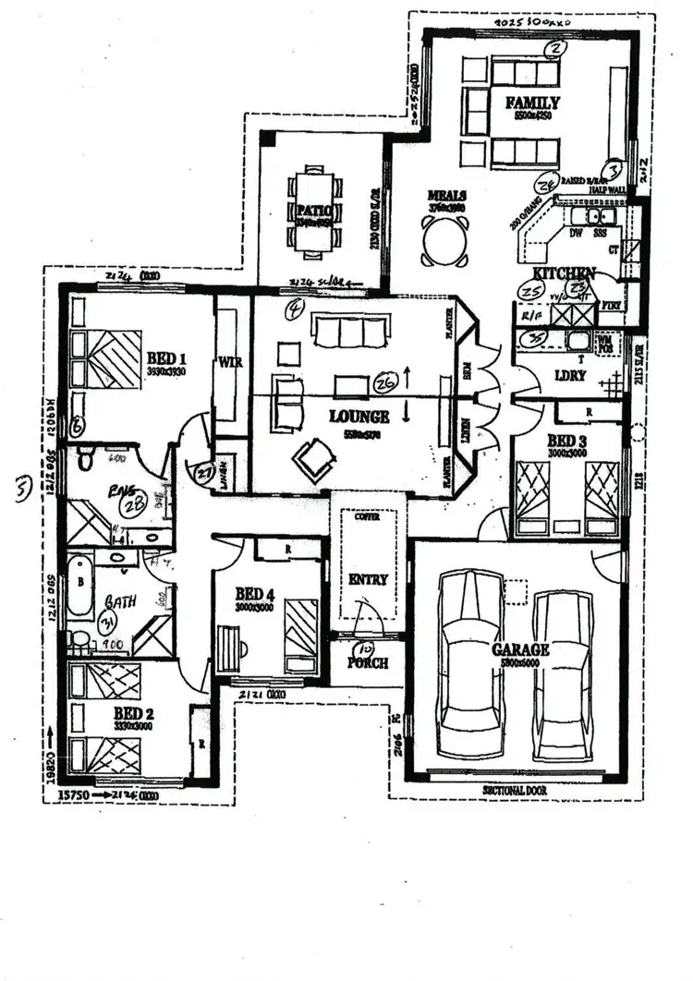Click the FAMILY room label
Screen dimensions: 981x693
point(531,103)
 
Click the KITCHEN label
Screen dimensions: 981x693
point(564,273)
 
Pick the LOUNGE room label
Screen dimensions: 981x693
point(359,417)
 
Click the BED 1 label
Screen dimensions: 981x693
point(167,358)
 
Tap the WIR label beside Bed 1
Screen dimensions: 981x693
point(230,362)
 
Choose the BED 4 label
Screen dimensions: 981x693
point(255,593)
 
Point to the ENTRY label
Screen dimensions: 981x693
point(367,580)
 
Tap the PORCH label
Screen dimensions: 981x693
point(368,663)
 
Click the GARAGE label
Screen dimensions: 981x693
point(520,650)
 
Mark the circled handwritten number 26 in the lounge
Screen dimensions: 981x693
point(385,381)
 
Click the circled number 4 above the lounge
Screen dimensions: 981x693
point(295,309)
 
